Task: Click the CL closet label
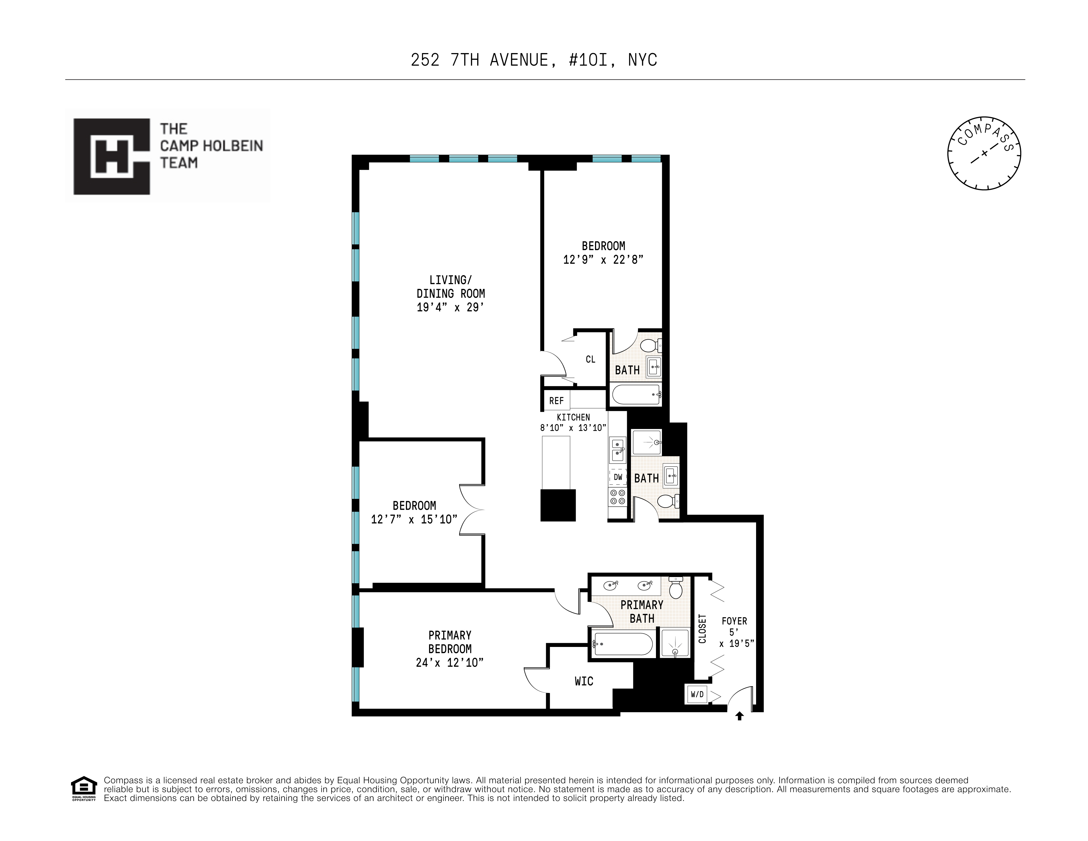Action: [590, 359]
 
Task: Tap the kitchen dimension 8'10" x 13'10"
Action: [573, 428]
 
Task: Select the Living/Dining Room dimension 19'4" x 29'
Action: [450, 307]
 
